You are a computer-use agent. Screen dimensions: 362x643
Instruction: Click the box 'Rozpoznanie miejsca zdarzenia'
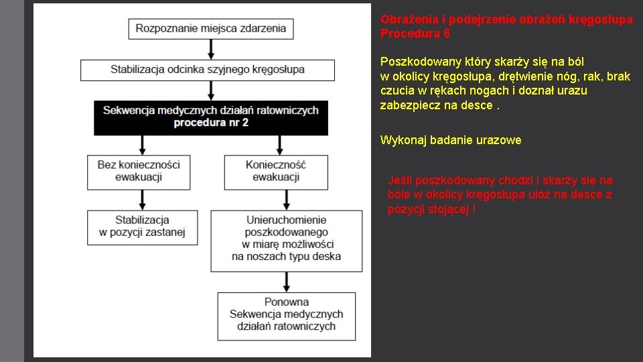[210, 29]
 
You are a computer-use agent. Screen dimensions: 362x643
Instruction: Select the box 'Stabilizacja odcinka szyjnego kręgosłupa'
[207, 70]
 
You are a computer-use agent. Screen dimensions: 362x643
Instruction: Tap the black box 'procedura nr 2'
[211, 117]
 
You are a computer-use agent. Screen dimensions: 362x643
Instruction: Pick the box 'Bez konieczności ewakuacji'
[139, 171]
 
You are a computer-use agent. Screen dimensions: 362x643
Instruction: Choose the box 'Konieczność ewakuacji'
[275, 171]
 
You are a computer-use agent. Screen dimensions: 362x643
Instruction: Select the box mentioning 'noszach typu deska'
[286, 241]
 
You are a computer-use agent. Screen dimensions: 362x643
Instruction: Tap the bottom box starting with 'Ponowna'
[286, 314]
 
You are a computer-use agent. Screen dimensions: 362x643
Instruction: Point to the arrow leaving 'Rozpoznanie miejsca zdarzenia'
[211, 49]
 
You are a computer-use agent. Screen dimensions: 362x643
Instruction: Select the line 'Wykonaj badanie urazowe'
[450, 140]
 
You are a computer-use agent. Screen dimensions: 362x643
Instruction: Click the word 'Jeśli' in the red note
[399, 180]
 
